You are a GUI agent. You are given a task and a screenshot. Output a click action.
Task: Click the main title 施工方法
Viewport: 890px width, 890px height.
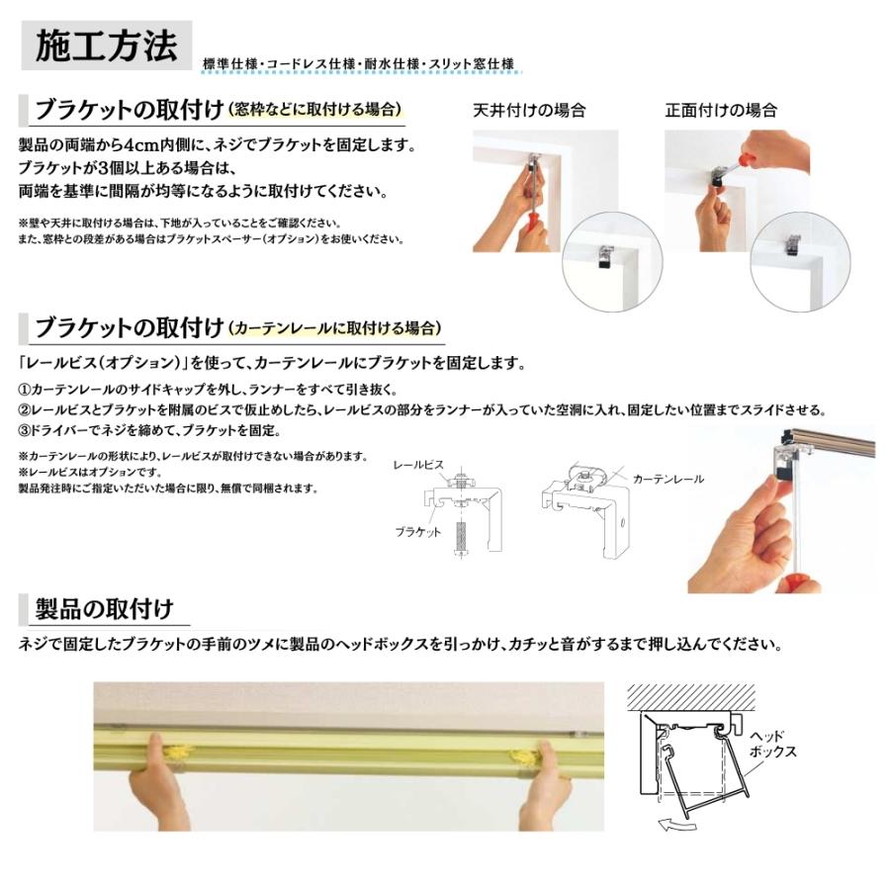106,45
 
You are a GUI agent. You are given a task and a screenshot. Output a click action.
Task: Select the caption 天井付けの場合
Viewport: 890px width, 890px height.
529,110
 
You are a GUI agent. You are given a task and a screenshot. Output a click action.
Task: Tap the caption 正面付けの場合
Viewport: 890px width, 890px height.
721,110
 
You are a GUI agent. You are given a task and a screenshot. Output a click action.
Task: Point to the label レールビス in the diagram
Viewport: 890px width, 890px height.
418,465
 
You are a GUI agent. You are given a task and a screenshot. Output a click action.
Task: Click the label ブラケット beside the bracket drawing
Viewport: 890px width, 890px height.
417,532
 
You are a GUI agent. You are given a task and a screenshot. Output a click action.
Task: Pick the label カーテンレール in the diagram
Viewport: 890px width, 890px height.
668,479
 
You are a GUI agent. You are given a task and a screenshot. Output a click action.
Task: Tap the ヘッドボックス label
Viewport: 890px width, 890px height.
772,744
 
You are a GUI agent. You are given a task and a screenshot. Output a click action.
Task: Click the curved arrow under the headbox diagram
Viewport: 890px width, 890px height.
676,824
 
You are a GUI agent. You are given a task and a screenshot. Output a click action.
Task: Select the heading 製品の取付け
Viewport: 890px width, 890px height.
104,609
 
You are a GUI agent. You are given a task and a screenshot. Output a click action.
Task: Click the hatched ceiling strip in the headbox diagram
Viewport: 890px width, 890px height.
691,697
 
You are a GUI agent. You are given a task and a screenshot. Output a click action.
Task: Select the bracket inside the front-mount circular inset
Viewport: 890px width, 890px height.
793,243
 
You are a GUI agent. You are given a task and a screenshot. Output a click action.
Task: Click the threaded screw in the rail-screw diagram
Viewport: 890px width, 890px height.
461,534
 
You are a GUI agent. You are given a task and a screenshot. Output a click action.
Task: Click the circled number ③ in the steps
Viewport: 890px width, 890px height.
24,430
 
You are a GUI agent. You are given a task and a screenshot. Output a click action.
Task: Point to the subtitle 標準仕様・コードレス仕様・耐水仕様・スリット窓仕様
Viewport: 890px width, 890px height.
359,64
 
